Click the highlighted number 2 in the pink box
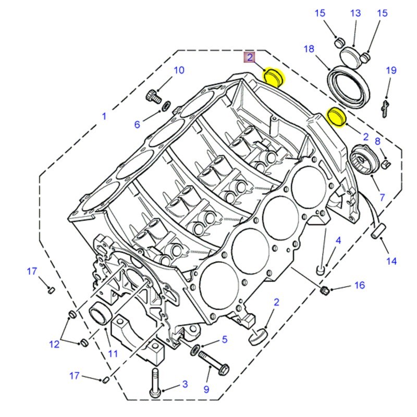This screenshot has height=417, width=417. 250,57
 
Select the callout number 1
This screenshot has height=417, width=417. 104,116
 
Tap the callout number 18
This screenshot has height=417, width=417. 309,49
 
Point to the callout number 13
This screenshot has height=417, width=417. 355,14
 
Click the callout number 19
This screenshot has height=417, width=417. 391,70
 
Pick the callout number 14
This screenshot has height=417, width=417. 391,261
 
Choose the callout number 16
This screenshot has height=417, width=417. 360,285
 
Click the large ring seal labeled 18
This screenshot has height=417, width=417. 348,86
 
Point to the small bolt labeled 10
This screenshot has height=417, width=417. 153,96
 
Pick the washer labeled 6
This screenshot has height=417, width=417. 165,107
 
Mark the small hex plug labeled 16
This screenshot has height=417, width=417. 323,289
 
